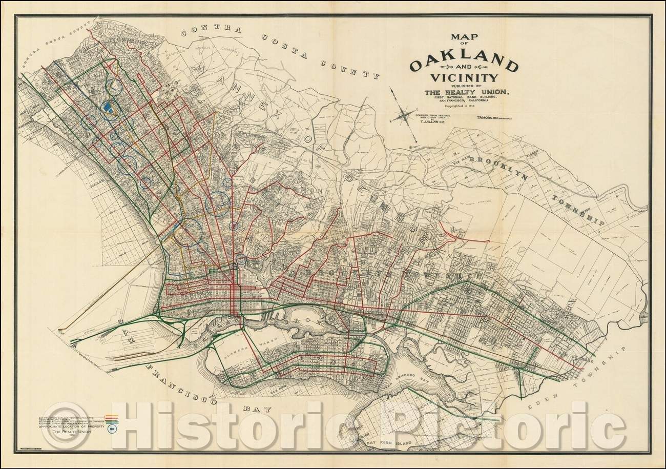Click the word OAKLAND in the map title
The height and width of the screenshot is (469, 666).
pyautogui.click(x=463, y=66)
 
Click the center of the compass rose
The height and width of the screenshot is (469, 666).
pyautogui.click(x=404, y=114)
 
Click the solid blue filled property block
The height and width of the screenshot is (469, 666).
pyautogui.click(x=108, y=106)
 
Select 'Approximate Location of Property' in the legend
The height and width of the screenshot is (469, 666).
pyautogui.click(x=71, y=426)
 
